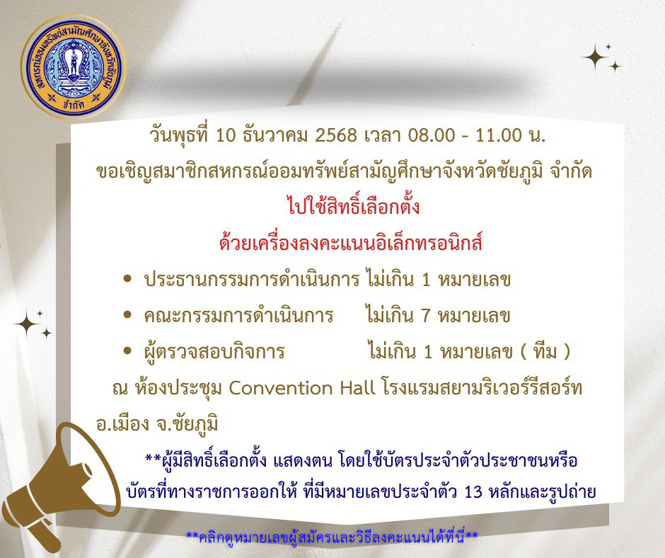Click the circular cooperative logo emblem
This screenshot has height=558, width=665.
pos(73,67)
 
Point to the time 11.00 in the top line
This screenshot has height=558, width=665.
pos(499,135)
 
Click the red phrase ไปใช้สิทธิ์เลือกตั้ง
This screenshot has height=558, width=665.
pos(353,206)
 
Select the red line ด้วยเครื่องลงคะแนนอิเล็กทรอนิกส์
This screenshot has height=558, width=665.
pos(351,243)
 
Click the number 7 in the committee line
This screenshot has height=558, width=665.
pos(426,316)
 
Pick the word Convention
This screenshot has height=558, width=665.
pos(301,388)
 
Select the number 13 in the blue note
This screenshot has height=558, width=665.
pos(474,492)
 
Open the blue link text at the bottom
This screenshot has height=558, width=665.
pos(332,537)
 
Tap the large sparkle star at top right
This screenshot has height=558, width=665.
pos(595,57)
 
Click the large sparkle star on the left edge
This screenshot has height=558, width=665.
pos(26,324)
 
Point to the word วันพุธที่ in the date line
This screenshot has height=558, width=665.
pos(179,135)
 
